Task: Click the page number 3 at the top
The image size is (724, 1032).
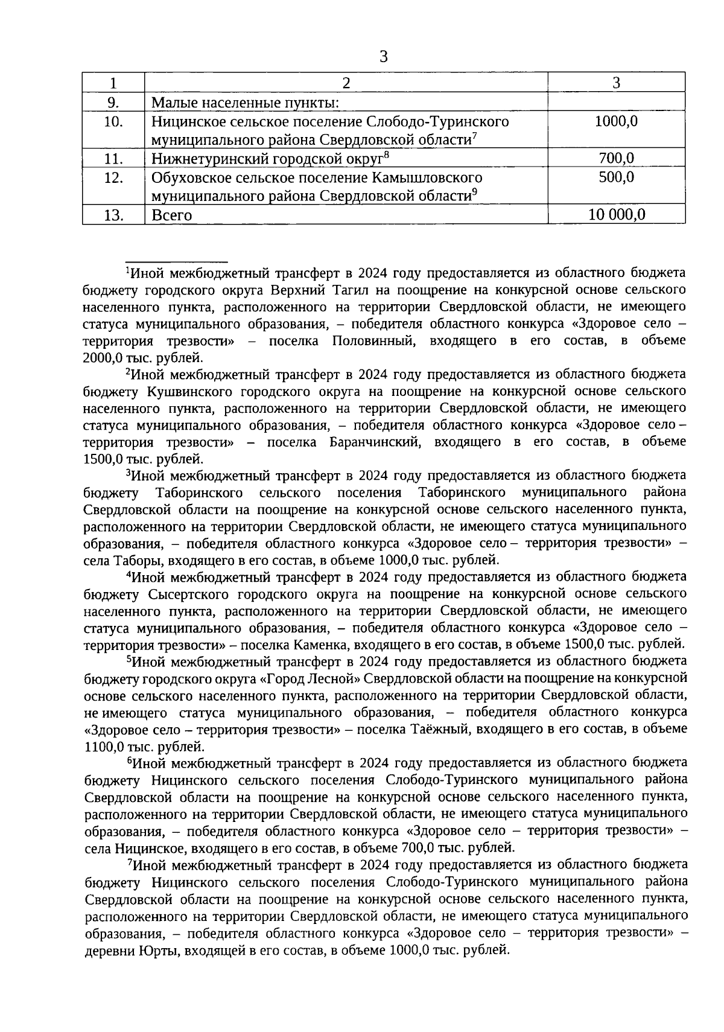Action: tap(383, 57)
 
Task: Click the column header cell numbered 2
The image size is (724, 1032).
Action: tap(346, 83)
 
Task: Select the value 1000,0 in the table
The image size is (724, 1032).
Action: tap(616, 121)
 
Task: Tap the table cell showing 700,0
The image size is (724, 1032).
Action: tap(616, 159)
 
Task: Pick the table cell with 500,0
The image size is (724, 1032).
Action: tap(616, 177)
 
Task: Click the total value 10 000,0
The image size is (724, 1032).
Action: tap(616, 215)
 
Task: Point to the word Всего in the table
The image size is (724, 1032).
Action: tap(171, 215)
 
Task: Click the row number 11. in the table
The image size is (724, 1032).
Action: tap(113, 159)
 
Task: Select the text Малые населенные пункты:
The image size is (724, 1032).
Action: tap(245, 103)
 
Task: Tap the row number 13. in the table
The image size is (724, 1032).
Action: tap(113, 215)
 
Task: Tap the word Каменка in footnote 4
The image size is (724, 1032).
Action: tap(319, 645)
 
